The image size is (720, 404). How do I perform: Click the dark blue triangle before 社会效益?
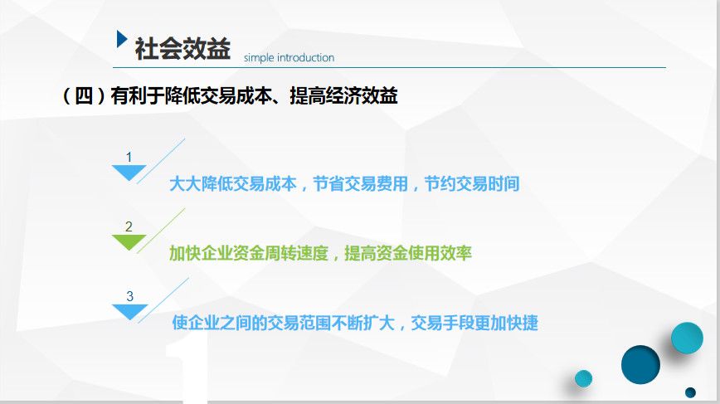click(121, 39)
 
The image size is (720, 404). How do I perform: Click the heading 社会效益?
click(182, 49)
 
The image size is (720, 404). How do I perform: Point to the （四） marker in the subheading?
click(84, 96)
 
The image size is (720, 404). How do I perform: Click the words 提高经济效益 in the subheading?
click(344, 96)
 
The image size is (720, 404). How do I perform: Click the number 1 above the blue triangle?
click(129, 157)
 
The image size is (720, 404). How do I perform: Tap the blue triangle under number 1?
click(129, 173)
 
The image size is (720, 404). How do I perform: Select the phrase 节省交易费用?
click(361, 183)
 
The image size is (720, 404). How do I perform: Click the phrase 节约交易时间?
click(472, 183)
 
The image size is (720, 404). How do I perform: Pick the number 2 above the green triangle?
click(129, 226)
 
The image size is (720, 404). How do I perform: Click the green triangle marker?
click(129, 242)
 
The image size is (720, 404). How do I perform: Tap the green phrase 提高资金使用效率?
click(408, 253)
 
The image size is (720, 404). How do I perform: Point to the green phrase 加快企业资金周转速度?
click(248, 253)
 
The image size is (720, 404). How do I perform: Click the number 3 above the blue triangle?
click(130, 297)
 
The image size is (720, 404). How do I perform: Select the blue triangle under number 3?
click(130, 312)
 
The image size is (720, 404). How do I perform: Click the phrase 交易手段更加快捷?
click(474, 323)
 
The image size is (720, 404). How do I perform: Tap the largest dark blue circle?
click(640, 364)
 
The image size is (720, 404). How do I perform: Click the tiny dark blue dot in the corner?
click(690, 392)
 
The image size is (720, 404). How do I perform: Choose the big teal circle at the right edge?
click(687, 338)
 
